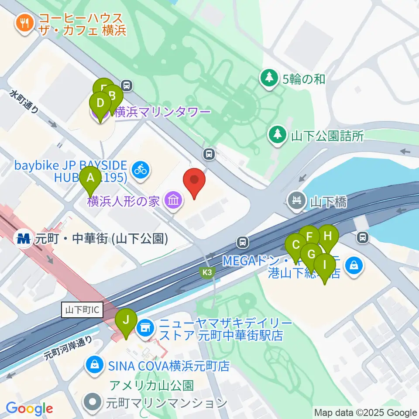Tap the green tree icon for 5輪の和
pyautogui.click(x=269, y=79)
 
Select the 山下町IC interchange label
pyautogui.click(x=83, y=310)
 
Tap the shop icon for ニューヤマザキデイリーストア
pyautogui.click(x=145, y=326)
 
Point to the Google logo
pyautogui.click(x=29, y=409)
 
